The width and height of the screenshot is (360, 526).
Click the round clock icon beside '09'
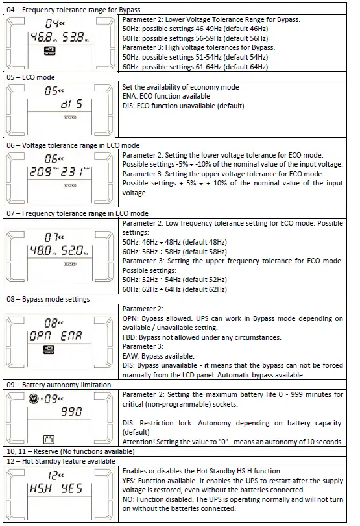coord(34,396)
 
